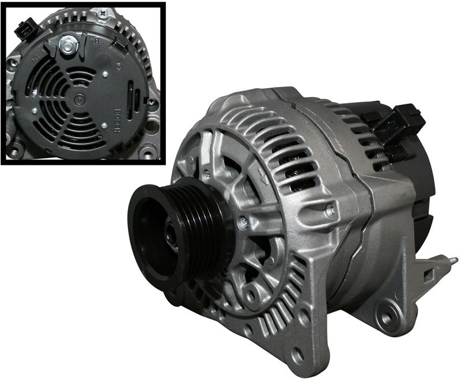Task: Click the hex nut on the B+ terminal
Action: click(x=67, y=43)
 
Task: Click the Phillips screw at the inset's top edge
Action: click(x=103, y=12)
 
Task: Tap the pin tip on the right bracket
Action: click(x=455, y=260)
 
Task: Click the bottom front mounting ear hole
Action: click(x=299, y=353)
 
